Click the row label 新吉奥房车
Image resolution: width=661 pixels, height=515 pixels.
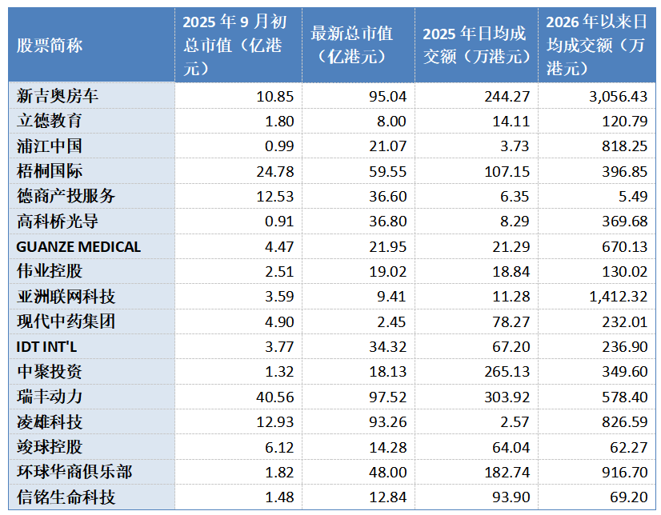(58, 96)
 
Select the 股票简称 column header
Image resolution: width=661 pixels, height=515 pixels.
(50, 45)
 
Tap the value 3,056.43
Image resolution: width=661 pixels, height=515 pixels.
(618, 97)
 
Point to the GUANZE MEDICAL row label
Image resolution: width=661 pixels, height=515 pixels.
(78, 247)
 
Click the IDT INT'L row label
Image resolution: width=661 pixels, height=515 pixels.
(46, 347)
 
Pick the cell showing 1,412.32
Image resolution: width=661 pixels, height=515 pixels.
(618, 297)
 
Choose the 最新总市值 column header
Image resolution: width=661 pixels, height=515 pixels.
(352, 45)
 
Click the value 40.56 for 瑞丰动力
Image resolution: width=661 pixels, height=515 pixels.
(274, 397)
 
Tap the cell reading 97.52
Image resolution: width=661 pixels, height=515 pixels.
(388, 397)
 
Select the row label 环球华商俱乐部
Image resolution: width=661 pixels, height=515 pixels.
(74, 472)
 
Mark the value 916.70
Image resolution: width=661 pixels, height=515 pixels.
(624, 472)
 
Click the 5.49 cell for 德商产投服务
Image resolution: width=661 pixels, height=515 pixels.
(633, 197)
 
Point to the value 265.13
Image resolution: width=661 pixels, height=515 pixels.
(507, 372)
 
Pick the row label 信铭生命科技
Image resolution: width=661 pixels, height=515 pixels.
(66, 497)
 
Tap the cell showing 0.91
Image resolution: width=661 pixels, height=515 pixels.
(279, 222)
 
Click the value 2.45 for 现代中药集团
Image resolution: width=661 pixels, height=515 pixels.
(391, 321)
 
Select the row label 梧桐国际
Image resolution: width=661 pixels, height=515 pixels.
(50, 171)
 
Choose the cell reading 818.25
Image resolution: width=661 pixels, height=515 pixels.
(624, 146)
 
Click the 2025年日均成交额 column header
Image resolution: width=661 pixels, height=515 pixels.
(476, 45)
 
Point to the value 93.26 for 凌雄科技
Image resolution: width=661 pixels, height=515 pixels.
(388, 422)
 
